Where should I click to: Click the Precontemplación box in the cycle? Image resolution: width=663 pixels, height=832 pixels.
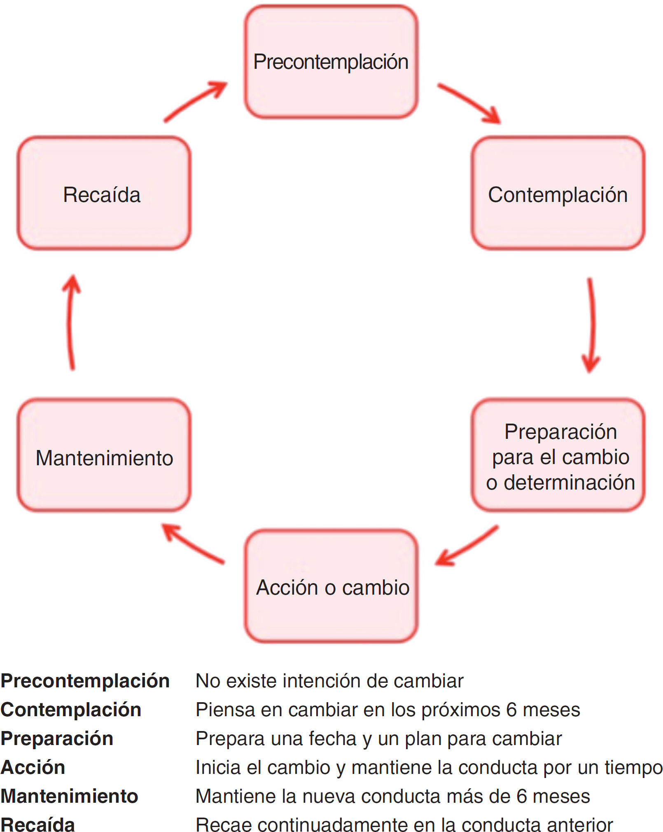[331, 62]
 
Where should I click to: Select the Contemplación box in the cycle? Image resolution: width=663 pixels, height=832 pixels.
[558, 194]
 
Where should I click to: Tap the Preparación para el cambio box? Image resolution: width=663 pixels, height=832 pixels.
[558, 456]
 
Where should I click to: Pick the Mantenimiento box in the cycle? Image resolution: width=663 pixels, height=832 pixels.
[104, 456]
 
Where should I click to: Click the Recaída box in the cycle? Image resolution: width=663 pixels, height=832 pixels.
[104, 194]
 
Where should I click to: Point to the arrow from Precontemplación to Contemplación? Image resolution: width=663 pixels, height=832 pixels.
[469, 103]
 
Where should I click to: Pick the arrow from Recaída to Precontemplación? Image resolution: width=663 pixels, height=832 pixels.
[195, 101]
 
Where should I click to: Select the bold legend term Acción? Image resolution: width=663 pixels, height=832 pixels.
[33, 767]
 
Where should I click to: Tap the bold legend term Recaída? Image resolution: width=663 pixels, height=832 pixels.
[38, 825]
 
